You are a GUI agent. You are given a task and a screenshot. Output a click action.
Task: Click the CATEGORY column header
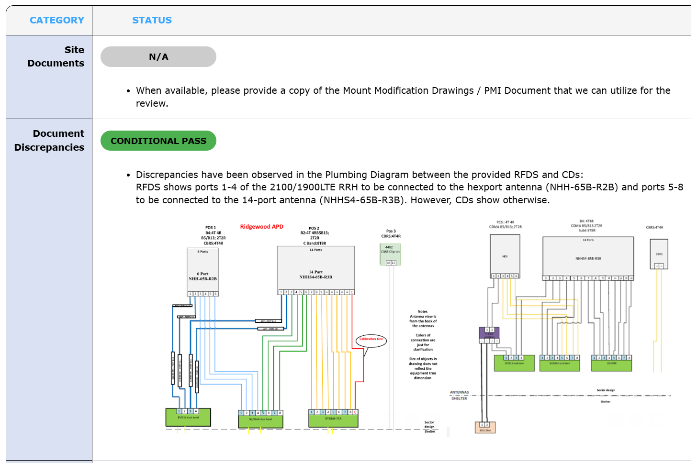[56, 20]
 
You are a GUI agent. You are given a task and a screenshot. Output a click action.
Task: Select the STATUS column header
[152, 20]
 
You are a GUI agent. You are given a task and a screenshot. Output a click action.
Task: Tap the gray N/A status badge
[158, 57]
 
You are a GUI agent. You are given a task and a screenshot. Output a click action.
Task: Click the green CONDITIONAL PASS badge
[158, 141]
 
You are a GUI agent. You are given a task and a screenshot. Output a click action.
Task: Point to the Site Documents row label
[56, 56]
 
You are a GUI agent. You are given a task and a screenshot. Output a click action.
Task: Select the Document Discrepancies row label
[49, 140]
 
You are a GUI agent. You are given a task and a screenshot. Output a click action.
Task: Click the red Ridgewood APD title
[261, 227]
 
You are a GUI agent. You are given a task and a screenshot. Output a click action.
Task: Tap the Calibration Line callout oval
[371, 340]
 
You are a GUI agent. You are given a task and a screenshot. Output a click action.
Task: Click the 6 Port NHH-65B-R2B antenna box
[202, 270]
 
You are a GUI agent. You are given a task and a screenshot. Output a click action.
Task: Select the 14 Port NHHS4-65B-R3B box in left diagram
[315, 268]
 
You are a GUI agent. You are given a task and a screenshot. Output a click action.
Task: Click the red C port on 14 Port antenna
[352, 292]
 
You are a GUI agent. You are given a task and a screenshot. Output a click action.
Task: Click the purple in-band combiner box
[489, 333]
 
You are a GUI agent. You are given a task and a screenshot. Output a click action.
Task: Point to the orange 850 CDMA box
[485, 428]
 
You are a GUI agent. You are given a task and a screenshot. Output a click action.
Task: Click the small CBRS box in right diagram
[659, 254]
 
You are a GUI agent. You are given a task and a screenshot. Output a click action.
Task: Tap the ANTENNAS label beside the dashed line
[459, 392]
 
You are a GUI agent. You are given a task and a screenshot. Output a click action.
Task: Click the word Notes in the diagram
[422, 311]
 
